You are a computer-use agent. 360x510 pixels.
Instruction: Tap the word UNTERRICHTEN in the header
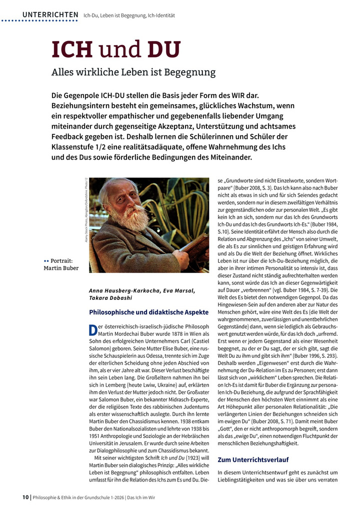50,15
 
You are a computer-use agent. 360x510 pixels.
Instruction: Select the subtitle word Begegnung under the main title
191,72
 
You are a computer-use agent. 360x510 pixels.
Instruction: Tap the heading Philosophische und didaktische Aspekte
148,312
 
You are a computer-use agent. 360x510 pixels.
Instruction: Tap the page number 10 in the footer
25,497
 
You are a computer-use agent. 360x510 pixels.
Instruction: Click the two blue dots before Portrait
46,261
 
